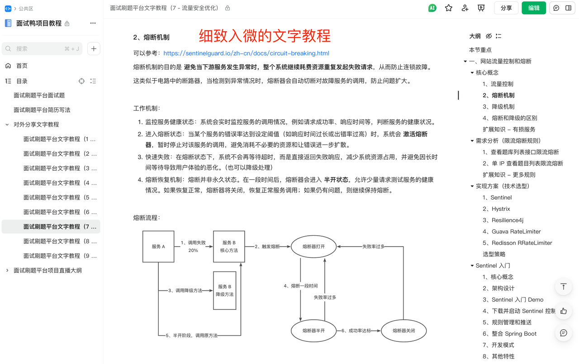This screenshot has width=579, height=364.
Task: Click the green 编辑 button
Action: tap(534, 8)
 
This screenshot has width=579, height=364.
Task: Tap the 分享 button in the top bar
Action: tap(506, 8)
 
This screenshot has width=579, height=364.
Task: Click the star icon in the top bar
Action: tap(448, 8)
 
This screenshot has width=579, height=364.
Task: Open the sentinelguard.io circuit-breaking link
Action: tap(246, 53)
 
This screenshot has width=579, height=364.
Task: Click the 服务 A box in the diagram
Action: tap(158, 247)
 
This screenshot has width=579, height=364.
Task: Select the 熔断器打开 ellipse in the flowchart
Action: tap(314, 247)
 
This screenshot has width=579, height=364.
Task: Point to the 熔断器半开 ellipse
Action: tap(314, 331)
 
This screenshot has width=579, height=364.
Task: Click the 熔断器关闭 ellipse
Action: tap(404, 331)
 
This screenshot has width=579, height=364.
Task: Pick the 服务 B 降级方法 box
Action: tap(225, 290)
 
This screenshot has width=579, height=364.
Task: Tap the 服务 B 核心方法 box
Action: tap(229, 247)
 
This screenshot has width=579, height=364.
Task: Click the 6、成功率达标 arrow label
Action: tap(356, 331)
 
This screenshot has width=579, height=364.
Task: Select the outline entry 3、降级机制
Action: tap(498, 107)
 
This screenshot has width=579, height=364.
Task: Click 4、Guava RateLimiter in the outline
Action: tap(512, 232)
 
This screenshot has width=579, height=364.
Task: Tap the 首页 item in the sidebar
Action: tap(22, 66)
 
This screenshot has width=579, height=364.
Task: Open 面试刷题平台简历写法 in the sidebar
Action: tap(42, 110)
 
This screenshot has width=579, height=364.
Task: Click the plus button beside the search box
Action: tap(94, 49)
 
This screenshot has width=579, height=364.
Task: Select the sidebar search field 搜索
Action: tap(42, 49)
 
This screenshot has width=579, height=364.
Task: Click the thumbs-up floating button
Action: tap(563, 311)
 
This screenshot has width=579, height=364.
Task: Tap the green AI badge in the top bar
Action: tap(432, 8)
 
